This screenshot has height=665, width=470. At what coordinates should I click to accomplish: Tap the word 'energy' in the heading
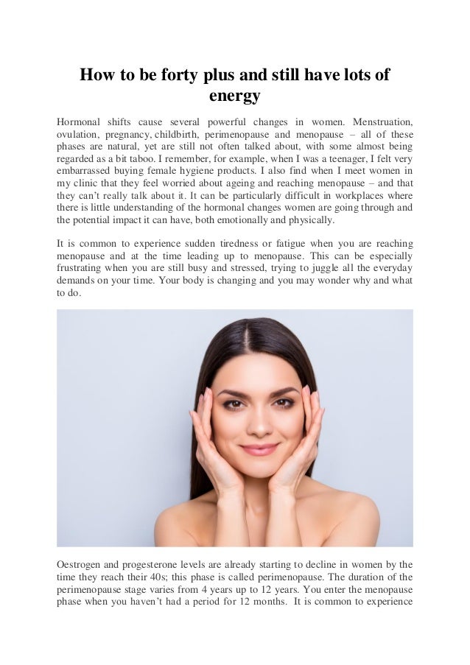[x=234, y=96]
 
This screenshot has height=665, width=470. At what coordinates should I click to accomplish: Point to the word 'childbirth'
[x=177, y=135]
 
